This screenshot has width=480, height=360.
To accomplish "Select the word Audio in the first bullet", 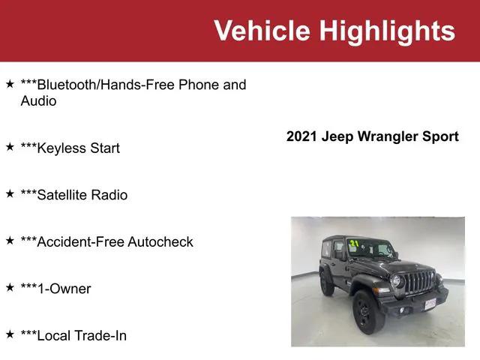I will pyautogui.click(x=38, y=100).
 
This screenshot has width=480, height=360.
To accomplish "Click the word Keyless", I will pyautogui.click(x=61, y=148).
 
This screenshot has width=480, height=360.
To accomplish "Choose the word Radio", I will pyautogui.click(x=109, y=195).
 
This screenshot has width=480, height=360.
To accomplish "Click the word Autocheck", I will pyautogui.click(x=160, y=241).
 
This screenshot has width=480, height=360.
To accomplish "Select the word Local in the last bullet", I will pyautogui.click(x=52, y=335).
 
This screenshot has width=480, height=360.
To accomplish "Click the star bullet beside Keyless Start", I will pyautogui.click(x=10, y=147).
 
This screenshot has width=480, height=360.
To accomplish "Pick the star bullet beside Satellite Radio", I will pyautogui.click(x=10, y=193).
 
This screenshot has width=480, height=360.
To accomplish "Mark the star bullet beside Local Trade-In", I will pyautogui.click(x=10, y=334).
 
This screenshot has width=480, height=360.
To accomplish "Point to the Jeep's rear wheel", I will pyautogui.click(x=327, y=283).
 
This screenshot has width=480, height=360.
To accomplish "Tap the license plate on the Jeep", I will pyautogui.click(x=430, y=302).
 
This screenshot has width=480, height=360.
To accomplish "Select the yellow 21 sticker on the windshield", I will pyautogui.click(x=353, y=244).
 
